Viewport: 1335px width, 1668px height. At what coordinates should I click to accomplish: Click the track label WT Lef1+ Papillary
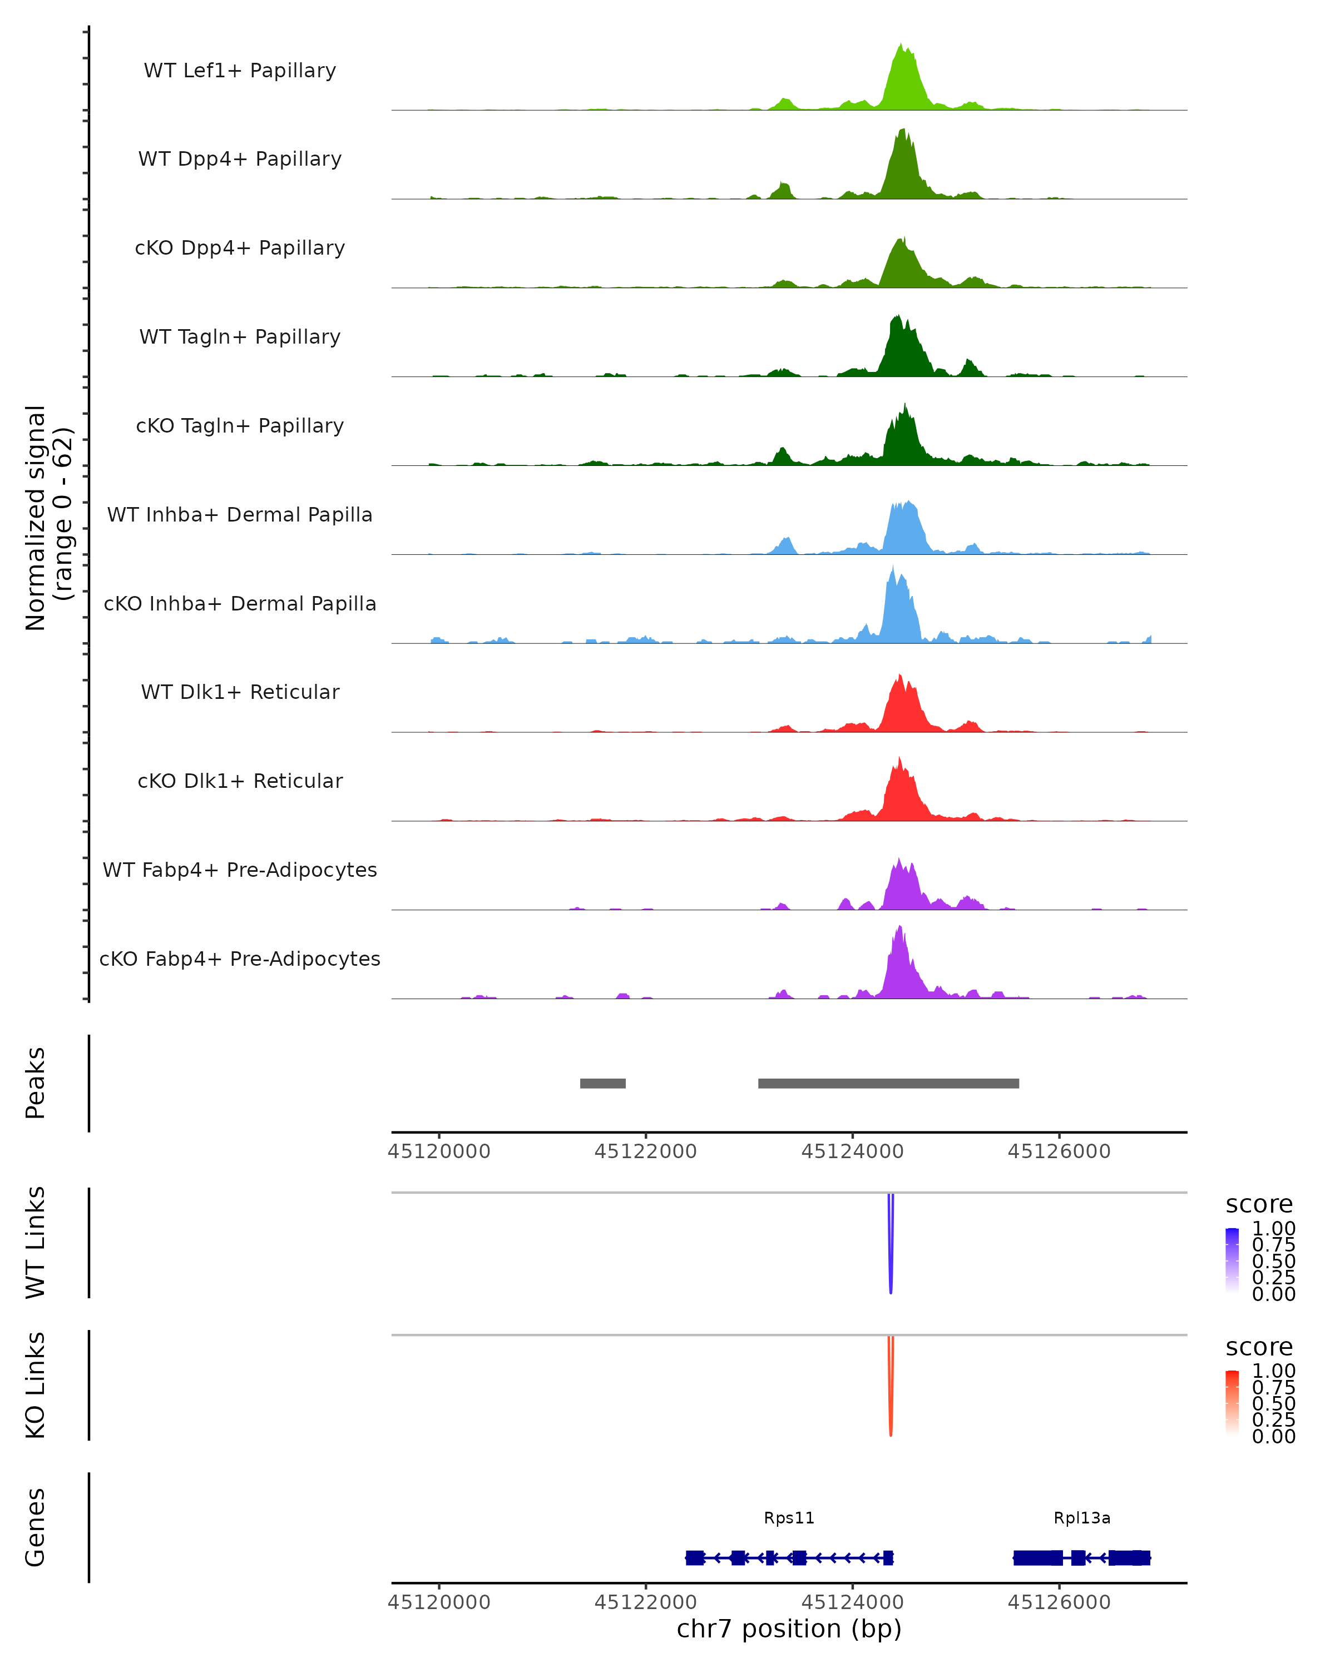(240, 71)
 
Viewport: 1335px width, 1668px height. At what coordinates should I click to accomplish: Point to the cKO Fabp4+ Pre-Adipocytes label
(240, 959)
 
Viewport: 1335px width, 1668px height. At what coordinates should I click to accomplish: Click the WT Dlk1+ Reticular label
(240, 692)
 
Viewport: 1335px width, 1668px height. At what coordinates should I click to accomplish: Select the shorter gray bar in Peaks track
(603, 1083)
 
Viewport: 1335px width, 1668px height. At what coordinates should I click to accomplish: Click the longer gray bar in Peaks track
(888, 1083)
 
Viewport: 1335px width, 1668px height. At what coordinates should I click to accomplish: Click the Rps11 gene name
(789, 1518)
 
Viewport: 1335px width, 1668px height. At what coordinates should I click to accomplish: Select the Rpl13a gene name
(1082, 1518)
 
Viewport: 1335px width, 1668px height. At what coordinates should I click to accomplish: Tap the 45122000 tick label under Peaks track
(645, 1151)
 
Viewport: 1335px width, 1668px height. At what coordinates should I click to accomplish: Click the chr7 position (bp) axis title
(789, 1629)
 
